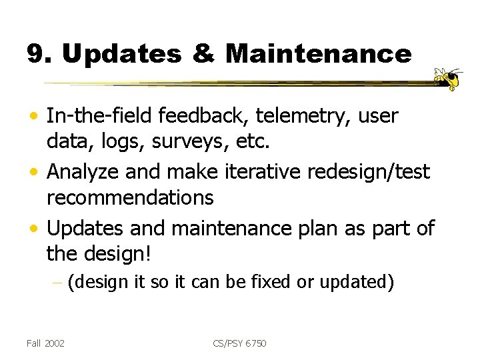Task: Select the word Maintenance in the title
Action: (319, 54)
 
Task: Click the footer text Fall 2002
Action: (46, 343)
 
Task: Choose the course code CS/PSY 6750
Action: (241, 343)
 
